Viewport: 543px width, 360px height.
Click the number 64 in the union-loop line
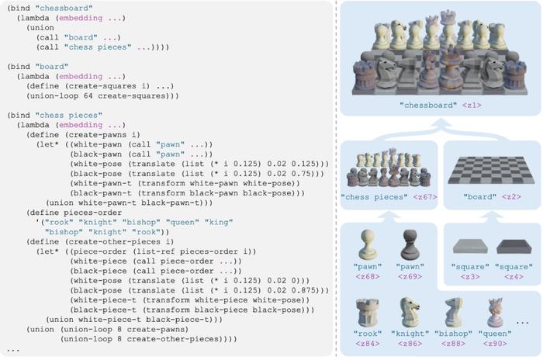click(x=88, y=95)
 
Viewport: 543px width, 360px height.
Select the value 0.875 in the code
click(x=303, y=290)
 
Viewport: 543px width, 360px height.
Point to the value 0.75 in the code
click(x=303, y=174)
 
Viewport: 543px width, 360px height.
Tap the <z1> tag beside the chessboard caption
click(x=472, y=106)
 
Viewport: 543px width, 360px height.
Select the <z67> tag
click(x=425, y=197)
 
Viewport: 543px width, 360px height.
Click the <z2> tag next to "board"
click(x=511, y=197)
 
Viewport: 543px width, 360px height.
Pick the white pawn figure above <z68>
click(x=368, y=244)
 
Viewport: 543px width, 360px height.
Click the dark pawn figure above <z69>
click(x=410, y=244)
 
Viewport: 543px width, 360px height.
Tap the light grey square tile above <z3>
click(x=470, y=247)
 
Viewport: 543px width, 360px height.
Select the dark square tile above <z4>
click(x=514, y=247)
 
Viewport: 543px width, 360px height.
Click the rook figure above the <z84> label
click(x=368, y=313)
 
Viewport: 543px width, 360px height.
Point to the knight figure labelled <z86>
click(x=410, y=313)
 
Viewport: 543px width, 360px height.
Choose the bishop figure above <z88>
click(x=453, y=313)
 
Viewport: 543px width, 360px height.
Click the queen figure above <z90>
click(x=495, y=313)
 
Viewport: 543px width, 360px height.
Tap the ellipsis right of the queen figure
click(x=522, y=323)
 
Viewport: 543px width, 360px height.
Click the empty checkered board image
click(x=492, y=170)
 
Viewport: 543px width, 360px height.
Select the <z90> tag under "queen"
click(x=495, y=344)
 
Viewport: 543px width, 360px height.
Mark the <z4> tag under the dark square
click(x=514, y=277)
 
